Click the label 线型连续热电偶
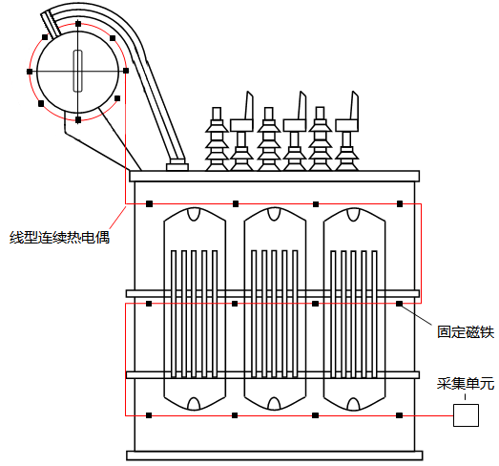click(59, 237)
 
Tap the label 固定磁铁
click(466, 332)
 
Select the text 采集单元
click(466, 384)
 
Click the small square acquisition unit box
click(466, 414)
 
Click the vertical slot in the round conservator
click(78, 71)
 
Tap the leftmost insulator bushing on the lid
click(218, 143)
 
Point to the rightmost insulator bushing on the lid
click(347, 143)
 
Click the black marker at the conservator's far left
click(31, 72)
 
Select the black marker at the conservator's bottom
click(78, 120)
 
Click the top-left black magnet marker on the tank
click(149, 203)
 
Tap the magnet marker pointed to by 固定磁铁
click(400, 304)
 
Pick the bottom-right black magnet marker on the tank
click(400, 414)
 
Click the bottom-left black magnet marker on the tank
click(149, 414)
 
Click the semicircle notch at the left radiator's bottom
click(195, 402)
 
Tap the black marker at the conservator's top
click(78, 23)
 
